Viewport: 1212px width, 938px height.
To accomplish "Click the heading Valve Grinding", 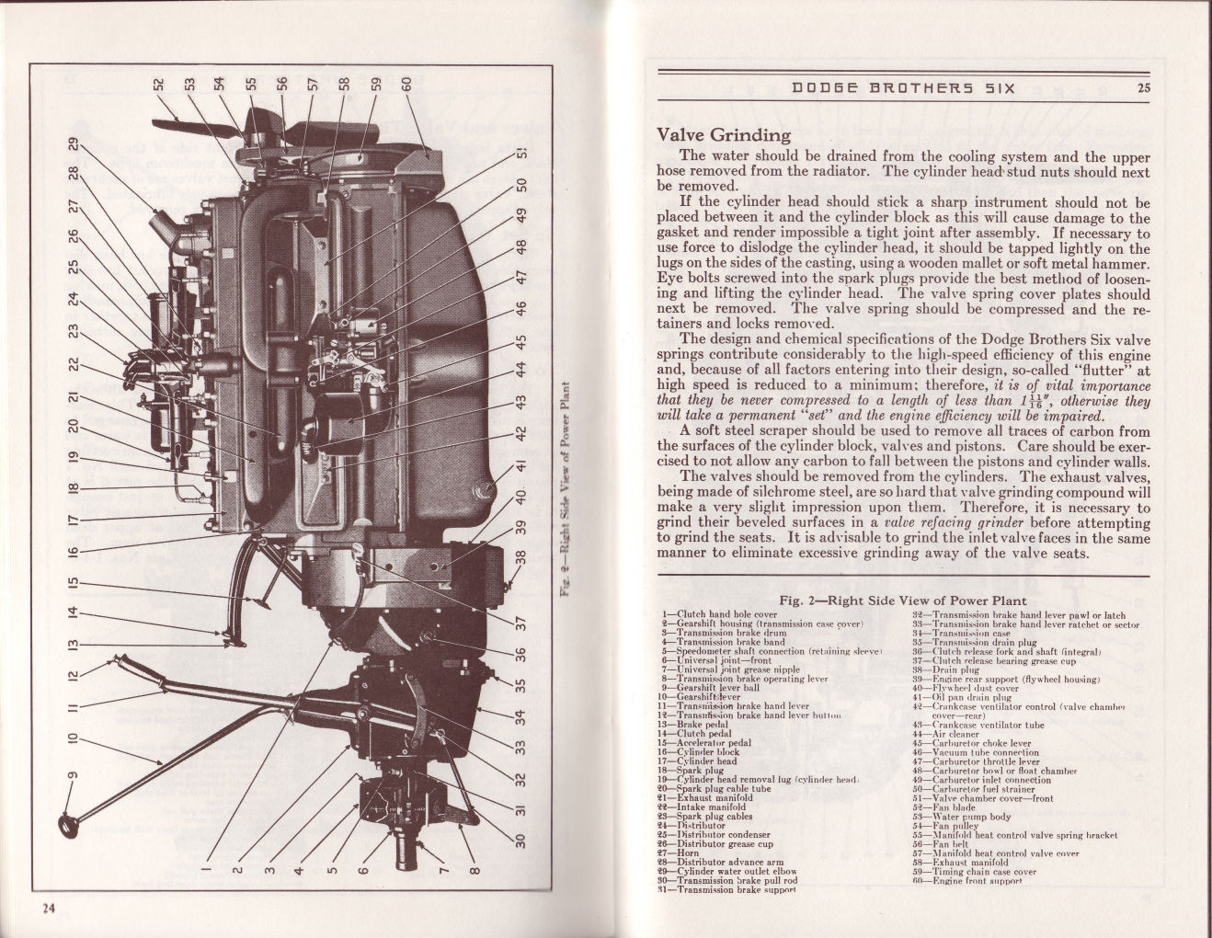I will (724, 135).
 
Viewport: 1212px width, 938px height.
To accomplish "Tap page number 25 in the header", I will (1143, 88).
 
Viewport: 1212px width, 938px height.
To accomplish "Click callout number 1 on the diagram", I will (206, 865).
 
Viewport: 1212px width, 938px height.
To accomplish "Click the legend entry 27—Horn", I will (688, 852).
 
